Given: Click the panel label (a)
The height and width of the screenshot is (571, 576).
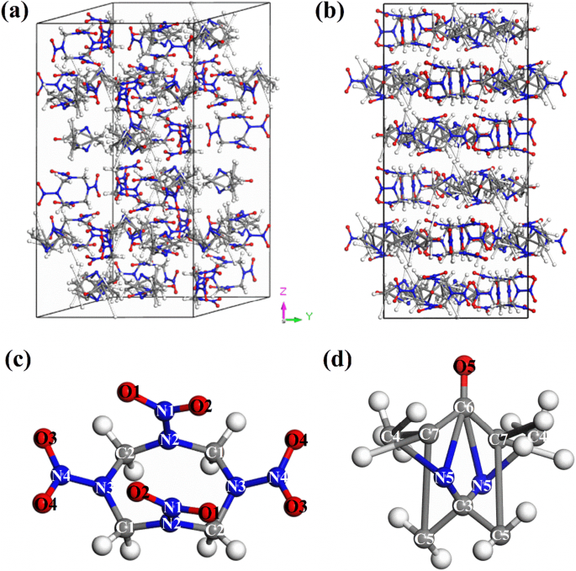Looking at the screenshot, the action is click(x=18, y=13).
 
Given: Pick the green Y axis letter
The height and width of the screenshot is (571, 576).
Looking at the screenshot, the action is click(x=309, y=317).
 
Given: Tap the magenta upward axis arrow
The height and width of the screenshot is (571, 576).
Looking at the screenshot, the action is click(x=284, y=309).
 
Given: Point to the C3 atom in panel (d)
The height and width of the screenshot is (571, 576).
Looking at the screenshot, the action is click(x=462, y=507).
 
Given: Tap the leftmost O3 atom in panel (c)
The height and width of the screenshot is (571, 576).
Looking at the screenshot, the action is click(x=45, y=438).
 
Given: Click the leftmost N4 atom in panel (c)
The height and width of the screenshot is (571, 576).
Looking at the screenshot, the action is click(x=61, y=478).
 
